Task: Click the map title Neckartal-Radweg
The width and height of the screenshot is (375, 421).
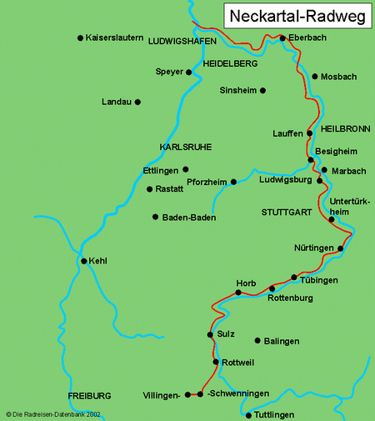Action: [297, 17]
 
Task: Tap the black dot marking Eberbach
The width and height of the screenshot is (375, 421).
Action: [282, 38]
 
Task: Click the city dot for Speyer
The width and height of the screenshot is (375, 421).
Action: [189, 73]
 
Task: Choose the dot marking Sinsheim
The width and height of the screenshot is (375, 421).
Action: [262, 90]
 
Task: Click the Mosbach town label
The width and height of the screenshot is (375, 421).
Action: [339, 77]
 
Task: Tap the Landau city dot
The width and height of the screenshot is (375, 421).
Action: [137, 102]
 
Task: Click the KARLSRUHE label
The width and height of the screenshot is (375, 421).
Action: [185, 147]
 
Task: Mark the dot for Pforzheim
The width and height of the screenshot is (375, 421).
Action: [233, 182]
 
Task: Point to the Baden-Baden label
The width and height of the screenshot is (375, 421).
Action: [189, 218]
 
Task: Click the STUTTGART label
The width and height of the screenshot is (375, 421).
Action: [285, 213]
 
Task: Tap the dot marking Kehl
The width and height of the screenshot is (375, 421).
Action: [83, 261]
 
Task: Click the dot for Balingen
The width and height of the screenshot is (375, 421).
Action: [256, 340]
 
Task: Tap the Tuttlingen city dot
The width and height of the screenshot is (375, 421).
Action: [248, 414]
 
